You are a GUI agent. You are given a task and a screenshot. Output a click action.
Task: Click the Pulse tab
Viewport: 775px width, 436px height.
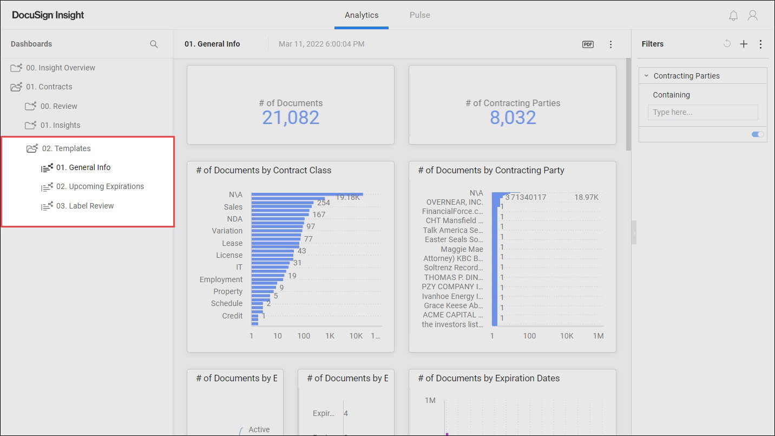point(419,15)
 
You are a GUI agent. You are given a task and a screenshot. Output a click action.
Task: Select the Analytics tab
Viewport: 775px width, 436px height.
point(362,15)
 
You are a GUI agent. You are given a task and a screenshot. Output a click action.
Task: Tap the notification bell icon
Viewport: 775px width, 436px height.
point(733,16)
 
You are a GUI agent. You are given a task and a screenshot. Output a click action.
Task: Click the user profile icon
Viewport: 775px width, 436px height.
point(752,16)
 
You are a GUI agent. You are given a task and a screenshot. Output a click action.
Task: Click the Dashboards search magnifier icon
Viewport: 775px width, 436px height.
point(154,44)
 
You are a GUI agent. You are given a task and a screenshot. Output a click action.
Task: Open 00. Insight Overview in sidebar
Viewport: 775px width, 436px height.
point(60,68)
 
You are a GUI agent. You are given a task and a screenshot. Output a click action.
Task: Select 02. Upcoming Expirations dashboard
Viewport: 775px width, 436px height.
point(100,186)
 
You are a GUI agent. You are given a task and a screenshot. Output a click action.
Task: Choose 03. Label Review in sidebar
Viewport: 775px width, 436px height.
point(85,206)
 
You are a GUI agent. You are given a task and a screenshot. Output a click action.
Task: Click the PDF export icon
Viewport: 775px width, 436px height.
point(588,44)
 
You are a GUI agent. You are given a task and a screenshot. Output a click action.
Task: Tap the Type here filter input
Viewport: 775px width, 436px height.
point(702,112)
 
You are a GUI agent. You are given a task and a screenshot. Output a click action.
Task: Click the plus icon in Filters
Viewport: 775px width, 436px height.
point(744,44)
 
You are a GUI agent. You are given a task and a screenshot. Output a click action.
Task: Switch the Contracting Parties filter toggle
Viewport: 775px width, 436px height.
point(758,134)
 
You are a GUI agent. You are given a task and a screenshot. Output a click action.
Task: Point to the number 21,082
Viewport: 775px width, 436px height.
point(291,118)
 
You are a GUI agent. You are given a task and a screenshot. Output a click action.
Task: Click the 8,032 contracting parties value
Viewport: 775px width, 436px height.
point(513,118)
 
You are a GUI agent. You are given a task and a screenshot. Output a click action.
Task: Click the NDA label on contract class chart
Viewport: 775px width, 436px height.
point(234,219)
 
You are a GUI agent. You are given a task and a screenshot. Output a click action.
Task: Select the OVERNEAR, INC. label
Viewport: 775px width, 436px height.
point(455,202)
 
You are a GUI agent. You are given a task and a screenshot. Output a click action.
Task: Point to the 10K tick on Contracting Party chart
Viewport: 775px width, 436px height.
point(566,336)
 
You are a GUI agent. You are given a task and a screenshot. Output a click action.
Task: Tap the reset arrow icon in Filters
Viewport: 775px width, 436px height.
point(727,44)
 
